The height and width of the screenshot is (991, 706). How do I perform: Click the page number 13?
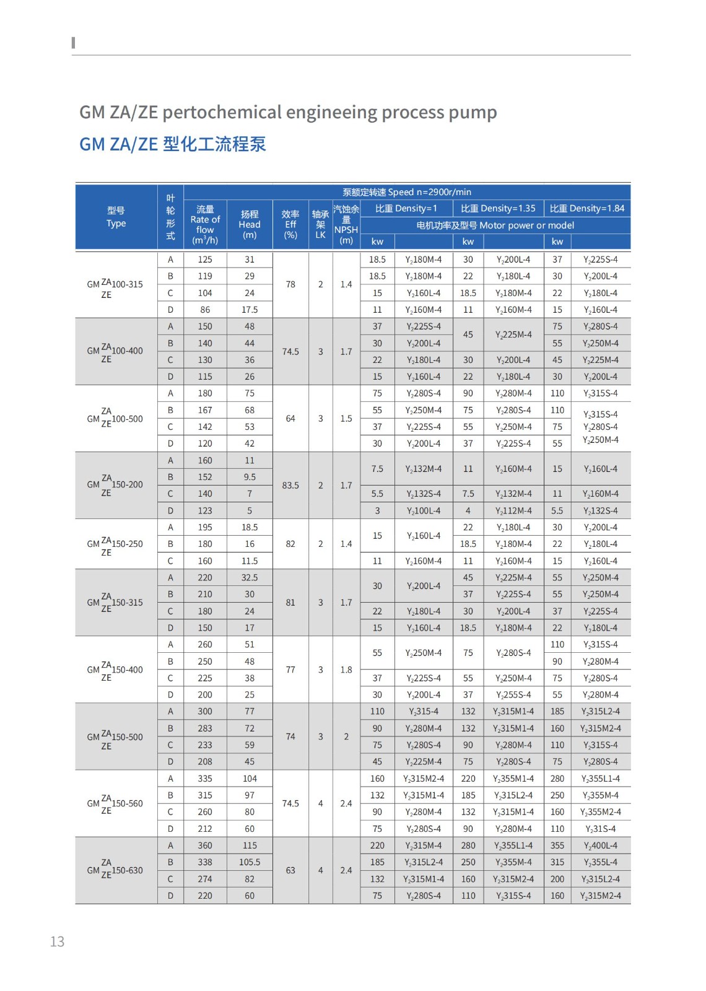click(x=57, y=941)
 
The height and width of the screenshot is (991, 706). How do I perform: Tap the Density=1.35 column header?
click(x=498, y=209)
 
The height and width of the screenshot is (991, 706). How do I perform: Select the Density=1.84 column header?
click(x=587, y=209)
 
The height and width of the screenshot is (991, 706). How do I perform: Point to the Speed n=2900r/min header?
click(x=407, y=192)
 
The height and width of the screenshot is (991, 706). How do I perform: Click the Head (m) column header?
click(x=250, y=224)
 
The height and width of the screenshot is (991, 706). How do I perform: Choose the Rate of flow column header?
click(x=205, y=224)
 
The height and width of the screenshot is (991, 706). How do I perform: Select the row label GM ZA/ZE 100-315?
click(x=115, y=285)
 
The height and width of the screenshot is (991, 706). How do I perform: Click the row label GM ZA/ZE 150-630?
click(x=115, y=870)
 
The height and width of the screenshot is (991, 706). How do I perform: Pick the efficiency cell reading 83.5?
click(x=290, y=486)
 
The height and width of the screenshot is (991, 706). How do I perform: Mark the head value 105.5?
click(x=250, y=862)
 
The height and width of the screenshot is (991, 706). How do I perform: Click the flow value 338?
click(x=205, y=862)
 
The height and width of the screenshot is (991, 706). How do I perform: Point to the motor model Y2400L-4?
click(x=600, y=845)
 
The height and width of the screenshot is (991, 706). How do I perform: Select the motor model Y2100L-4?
click(x=424, y=511)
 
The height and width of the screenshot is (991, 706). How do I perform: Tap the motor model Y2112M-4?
click(x=513, y=511)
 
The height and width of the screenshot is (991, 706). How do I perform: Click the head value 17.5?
click(x=250, y=310)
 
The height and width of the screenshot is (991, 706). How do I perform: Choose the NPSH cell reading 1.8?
click(x=346, y=670)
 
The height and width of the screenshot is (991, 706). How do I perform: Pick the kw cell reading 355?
click(x=557, y=845)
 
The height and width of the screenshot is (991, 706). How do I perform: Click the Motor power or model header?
click(x=495, y=225)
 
